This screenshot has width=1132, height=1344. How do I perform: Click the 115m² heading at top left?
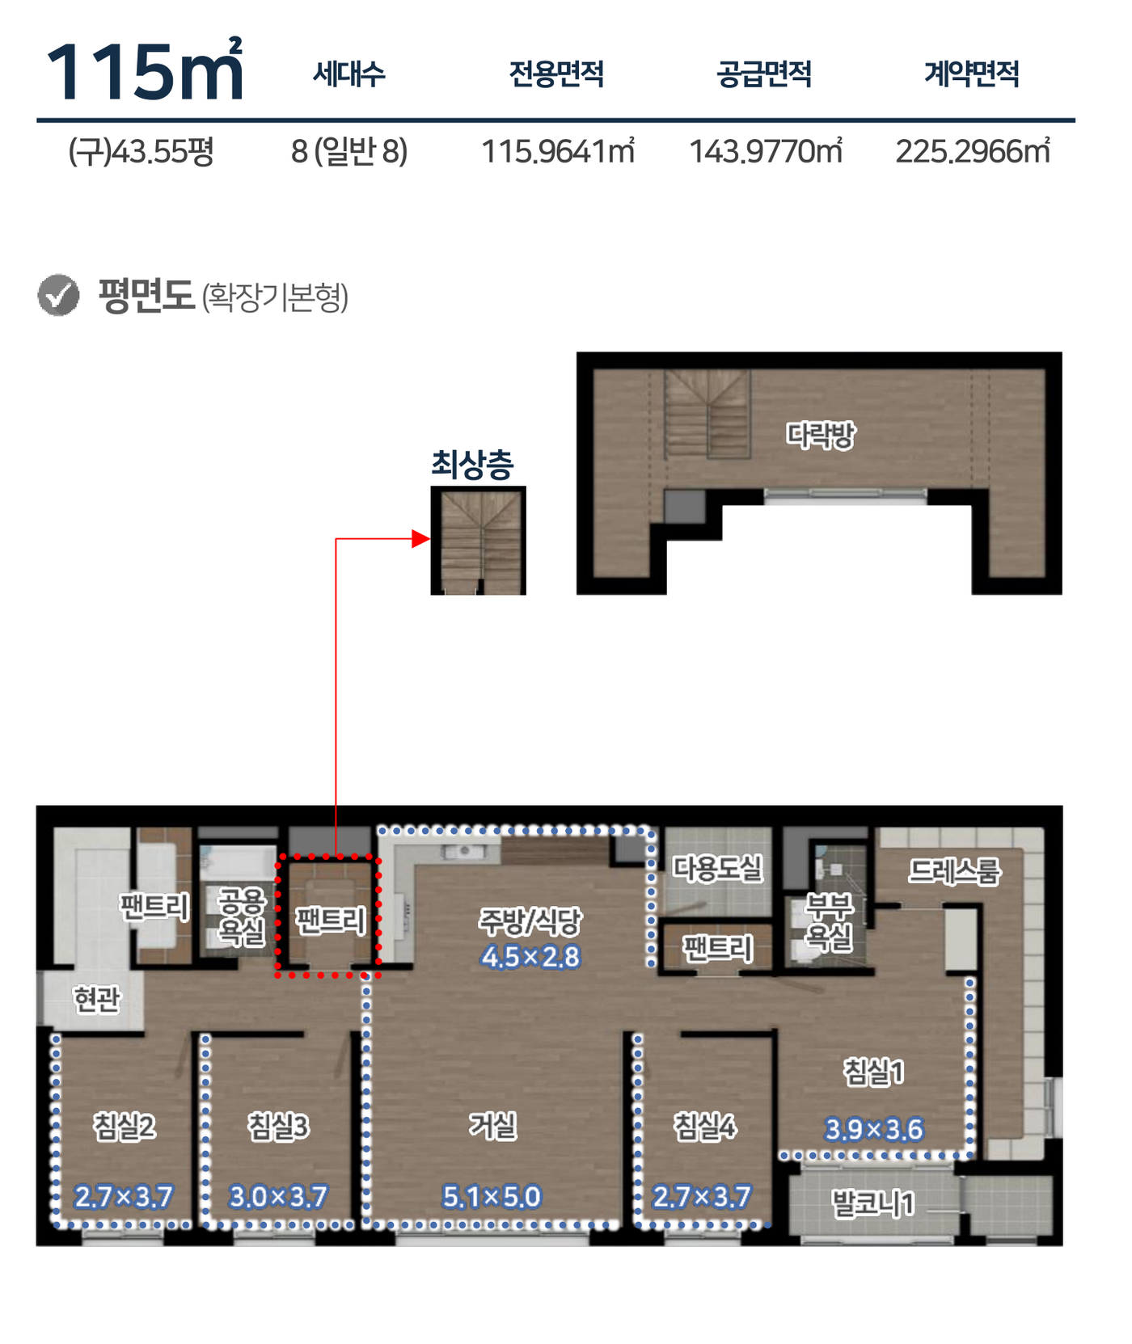point(145,71)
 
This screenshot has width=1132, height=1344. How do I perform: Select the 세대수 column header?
point(349,74)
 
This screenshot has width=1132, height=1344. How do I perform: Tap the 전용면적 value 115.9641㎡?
point(558,151)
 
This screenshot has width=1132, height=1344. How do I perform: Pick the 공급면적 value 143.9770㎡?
point(766,151)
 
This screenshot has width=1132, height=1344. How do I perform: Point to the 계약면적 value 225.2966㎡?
point(973,151)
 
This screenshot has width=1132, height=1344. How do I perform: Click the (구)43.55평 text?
point(141,151)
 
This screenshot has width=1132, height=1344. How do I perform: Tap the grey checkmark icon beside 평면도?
point(58,295)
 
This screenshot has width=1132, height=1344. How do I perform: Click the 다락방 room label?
point(821,435)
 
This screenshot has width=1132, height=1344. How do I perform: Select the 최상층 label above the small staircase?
point(472,464)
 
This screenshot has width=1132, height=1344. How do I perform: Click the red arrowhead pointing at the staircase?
point(421,538)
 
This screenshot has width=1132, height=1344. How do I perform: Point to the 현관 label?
point(96,1000)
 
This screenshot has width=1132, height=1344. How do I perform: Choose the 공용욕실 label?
point(242,916)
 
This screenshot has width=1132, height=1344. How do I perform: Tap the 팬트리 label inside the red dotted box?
point(331,920)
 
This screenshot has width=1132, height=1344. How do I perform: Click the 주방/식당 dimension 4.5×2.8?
point(530,957)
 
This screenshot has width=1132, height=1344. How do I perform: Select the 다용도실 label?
point(718,868)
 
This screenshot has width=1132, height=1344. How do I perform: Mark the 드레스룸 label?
point(955,870)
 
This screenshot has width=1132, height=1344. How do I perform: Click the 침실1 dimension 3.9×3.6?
point(874,1129)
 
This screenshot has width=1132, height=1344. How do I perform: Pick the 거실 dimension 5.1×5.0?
point(492,1196)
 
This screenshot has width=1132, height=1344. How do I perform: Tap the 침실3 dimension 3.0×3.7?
point(278,1196)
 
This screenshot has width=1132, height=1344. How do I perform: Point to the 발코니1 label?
point(874,1203)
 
